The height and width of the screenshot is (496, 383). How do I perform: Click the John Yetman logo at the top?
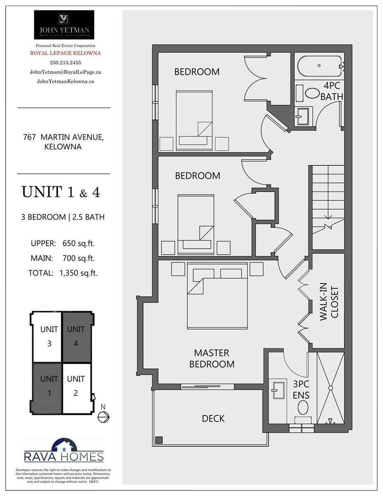coord(64,25)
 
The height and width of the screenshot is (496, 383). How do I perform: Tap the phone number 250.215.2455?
coord(65,62)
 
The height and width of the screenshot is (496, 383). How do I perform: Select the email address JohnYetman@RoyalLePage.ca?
coord(65,72)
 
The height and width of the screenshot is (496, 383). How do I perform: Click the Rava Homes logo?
coord(64,451)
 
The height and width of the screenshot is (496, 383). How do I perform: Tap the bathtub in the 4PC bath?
coord(320,66)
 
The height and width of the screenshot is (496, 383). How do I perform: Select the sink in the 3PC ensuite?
coord(278,390)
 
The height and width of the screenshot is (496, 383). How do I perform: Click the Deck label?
coord(213,419)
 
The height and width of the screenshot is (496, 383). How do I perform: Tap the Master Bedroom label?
coord(212,359)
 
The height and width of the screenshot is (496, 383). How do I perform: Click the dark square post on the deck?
coord(159,440)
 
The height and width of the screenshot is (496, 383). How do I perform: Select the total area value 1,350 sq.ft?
coord(79,273)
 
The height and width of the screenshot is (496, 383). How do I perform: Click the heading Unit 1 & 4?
coord(61,192)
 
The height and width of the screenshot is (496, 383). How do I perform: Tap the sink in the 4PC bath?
coord(303,116)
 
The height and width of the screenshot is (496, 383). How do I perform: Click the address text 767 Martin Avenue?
coord(63,137)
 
